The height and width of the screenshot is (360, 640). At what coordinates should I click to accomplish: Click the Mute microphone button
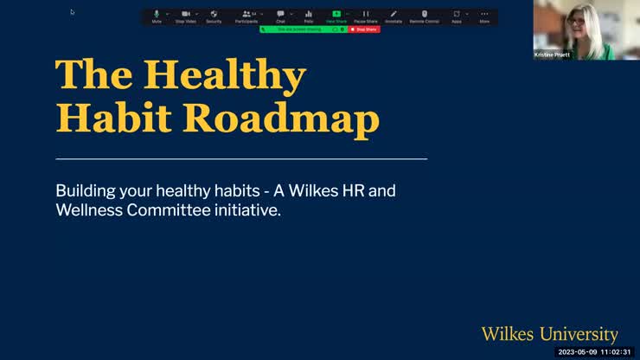tap(157, 16)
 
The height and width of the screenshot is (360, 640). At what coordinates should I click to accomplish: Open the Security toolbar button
tap(214, 16)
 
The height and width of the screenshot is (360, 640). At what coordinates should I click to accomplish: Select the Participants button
tap(246, 16)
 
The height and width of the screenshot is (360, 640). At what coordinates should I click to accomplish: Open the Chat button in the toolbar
tap(280, 16)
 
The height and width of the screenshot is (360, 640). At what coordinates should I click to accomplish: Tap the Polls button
tap(308, 16)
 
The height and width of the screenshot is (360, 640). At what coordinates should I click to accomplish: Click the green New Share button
tap(336, 16)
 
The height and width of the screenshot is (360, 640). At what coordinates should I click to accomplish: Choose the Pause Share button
tap(366, 16)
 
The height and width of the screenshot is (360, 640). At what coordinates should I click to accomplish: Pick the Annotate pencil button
tap(394, 16)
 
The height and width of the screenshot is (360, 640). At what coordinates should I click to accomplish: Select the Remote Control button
tap(424, 16)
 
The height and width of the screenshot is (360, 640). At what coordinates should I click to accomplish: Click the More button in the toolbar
tap(484, 16)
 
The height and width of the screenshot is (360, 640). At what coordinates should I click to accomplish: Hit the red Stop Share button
tap(364, 29)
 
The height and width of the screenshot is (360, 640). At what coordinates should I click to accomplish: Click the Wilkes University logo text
tap(549, 334)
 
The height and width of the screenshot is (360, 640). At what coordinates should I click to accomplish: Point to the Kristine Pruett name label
tap(552, 55)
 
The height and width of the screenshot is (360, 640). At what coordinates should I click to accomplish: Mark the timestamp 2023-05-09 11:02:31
tap(597, 352)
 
